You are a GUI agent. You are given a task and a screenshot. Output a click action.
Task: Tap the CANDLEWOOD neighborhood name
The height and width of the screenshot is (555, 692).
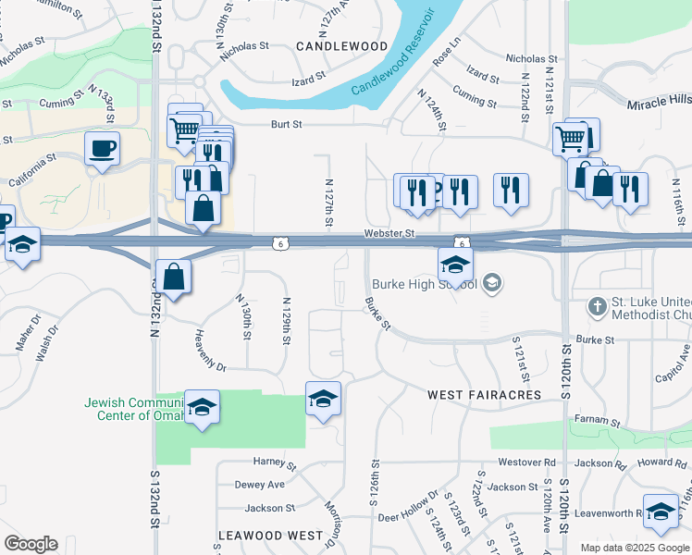[341, 45]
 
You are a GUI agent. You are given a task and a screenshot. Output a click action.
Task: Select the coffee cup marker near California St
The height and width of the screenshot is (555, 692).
[102, 148]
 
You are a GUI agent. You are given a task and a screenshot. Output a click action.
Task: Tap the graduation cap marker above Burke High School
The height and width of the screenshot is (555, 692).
[455, 265]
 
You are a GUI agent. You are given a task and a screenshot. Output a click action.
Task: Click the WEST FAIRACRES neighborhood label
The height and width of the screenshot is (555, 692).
[484, 395]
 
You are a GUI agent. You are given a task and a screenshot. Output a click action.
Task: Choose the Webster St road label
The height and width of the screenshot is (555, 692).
[389, 234]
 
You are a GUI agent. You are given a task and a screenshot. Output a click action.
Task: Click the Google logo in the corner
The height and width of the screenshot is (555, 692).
[31, 544]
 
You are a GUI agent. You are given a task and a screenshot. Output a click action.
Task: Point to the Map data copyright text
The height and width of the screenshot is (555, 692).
[636, 548]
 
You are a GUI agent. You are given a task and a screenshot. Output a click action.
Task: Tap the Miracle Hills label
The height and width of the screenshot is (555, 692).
[659, 103]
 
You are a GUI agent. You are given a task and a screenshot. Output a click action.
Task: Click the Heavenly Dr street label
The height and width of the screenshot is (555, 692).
[210, 351]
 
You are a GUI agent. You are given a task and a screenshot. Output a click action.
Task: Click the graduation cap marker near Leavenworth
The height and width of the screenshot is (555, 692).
[661, 512]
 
